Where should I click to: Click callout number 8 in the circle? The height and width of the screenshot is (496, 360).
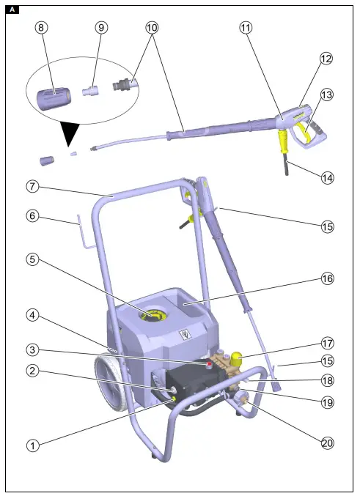(x=41, y=27)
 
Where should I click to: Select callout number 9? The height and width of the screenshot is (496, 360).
(x=101, y=27)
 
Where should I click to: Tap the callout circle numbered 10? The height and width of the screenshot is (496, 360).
(x=152, y=27)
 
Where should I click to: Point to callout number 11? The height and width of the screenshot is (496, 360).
(x=246, y=27)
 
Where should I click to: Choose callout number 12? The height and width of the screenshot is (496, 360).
(x=326, y=59)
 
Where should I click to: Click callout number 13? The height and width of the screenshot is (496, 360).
(x=326, y=95)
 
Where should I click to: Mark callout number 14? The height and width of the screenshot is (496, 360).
(x=326, y=177)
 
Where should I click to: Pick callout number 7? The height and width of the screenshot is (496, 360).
(x=32, y=187)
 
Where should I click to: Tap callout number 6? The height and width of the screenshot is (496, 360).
(x=32, y=217)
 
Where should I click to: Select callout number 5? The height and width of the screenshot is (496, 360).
(x=32, y=259)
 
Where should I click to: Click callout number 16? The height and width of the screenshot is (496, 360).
(x=326, y=279)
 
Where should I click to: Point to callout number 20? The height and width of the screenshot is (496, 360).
(x=326, y=442)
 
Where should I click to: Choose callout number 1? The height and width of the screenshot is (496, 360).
(x=32, y=445)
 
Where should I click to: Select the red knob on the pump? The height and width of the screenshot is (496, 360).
(x=211, y=363)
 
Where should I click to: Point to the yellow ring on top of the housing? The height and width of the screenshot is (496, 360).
(x=155, y=315)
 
